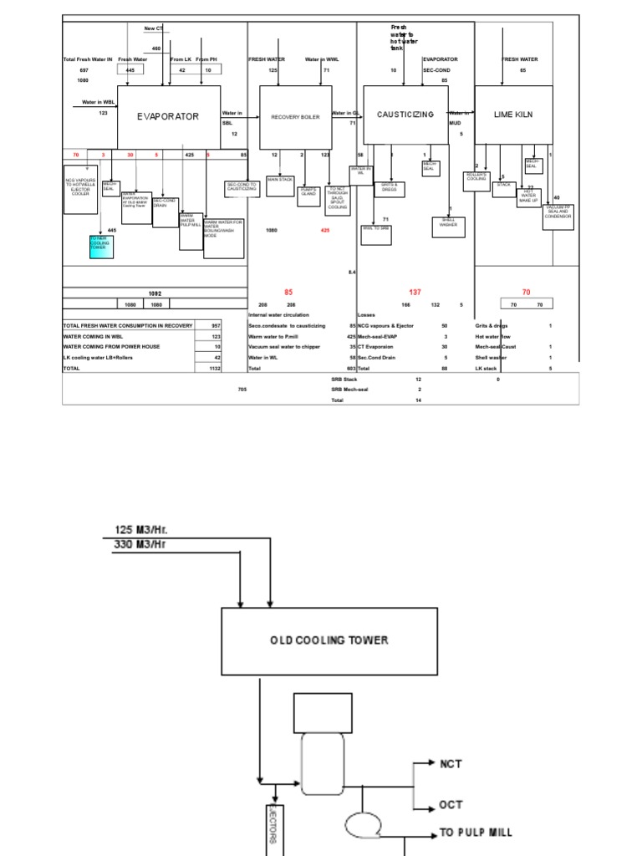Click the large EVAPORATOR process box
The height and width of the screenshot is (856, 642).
coord(168,116)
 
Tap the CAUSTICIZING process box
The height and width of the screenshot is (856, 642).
coord(405,115)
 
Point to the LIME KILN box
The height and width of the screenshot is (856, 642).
coord(513,115)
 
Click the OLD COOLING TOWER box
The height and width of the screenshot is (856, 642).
coord(329,641)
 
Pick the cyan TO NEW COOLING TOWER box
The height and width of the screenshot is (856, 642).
coord(100,245)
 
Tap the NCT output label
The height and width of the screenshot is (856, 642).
coord(451,763)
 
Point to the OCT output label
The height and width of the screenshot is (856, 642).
coord(451,805)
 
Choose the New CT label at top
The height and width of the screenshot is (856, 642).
coord(154,28)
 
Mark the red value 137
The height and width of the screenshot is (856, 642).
coord(415,292)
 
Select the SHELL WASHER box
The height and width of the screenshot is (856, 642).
coord(448,223)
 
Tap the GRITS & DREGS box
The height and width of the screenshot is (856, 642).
coord(389,189)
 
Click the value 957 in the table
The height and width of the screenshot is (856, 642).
coord(215,325)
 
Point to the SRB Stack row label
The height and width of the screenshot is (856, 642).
coord(345,379)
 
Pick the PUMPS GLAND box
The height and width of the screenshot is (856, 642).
coord(308,191)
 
